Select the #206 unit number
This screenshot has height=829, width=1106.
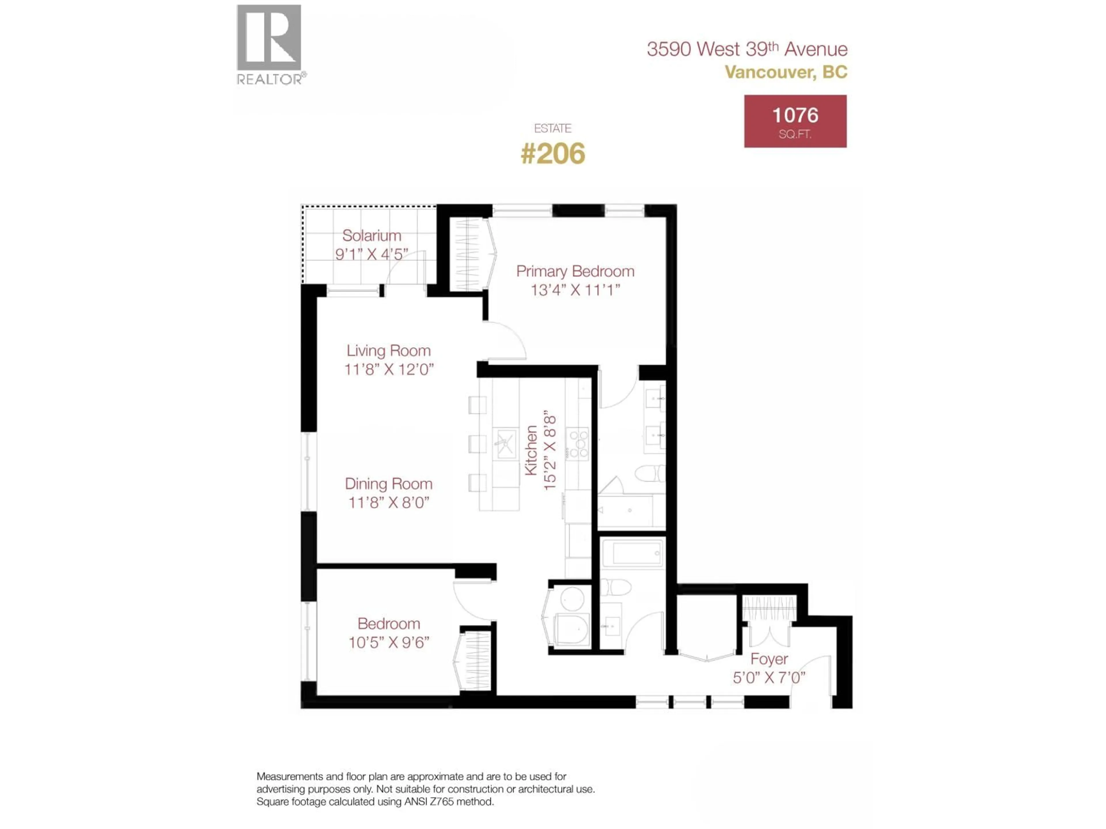tap(552, 153)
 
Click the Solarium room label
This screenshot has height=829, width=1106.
tap(372, 235)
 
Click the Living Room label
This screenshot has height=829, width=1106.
tap(389, 351)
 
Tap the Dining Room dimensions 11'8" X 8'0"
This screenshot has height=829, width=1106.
tap(389, 502)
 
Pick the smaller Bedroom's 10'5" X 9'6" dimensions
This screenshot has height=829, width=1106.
tap(389, 642)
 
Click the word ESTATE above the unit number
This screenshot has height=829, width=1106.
tap(552, 128)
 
